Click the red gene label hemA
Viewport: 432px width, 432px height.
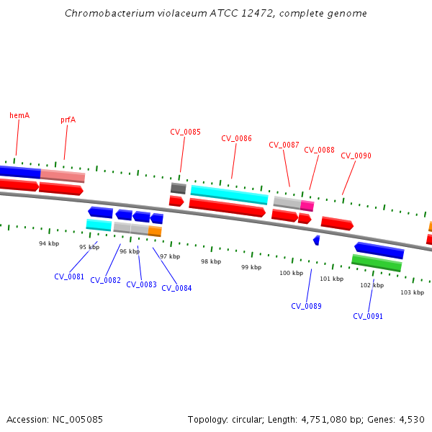[19, 115]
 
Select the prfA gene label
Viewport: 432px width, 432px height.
[68, 120]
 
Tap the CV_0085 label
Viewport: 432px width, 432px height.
[185, 132]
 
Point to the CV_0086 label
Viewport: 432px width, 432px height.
[236, 138]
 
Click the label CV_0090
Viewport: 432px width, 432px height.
[356, 156]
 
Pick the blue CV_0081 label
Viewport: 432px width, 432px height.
[69, 276]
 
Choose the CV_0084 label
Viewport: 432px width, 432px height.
[176, 288]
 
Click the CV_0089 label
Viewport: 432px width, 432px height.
[306, 306]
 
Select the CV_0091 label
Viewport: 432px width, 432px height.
[368, 316]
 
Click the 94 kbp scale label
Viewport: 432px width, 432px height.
[49, 243]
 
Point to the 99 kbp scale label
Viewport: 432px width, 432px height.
[251, 267]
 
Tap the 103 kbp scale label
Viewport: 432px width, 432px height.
[412, 292]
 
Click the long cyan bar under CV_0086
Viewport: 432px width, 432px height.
[229, 194]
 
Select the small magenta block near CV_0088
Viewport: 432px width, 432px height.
[307, 206]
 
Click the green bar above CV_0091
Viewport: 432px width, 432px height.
[377, 264]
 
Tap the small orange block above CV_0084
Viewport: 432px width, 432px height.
[155, 231]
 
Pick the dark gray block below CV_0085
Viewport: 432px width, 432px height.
[178, 189]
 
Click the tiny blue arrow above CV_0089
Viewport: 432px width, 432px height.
[316, 240]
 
